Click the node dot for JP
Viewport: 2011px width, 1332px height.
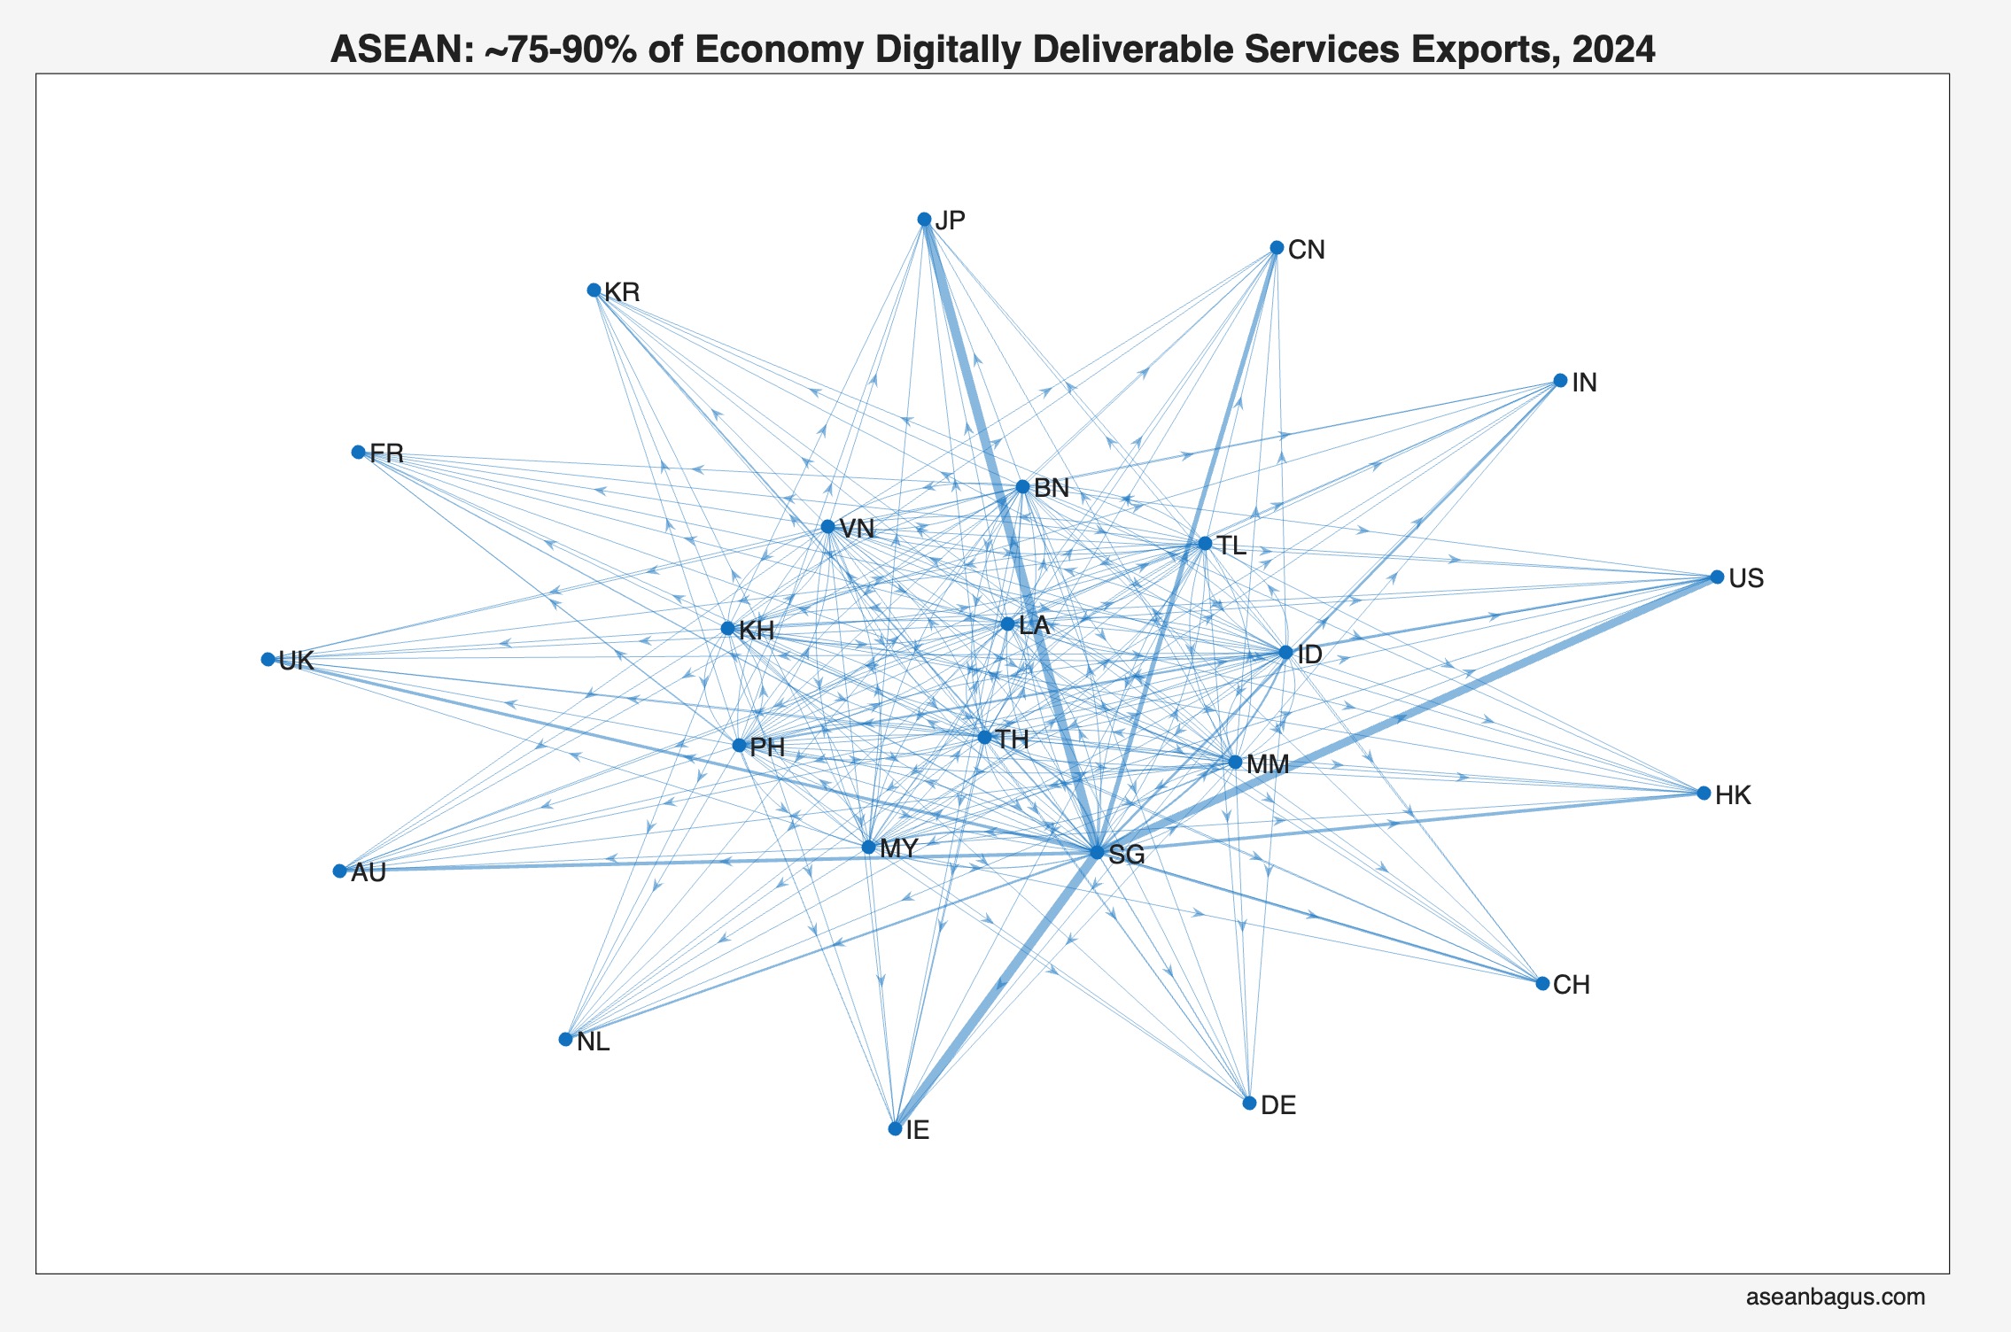[924, 219]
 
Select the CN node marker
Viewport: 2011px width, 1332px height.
[1277, 247]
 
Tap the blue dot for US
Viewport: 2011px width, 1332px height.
[1717, 577]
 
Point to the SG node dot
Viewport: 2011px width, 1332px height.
[1097, 852]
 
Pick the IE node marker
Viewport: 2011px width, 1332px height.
[895, 1128]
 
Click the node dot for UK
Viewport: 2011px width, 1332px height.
[268, 659]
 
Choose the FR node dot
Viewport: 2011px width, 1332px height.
[358, 452]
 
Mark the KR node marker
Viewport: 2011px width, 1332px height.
[594, 290]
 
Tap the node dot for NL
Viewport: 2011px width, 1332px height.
[565, 1039]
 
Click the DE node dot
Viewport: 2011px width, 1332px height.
[1249, 1103]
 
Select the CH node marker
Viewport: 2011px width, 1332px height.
[1542, 983]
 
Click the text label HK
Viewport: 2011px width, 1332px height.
[1733, 795]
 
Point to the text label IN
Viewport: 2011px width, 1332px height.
[1584, 383]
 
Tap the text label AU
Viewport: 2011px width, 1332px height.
[369, 872]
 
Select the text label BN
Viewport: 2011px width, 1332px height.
[1052, 488]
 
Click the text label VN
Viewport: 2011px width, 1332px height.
[857, 529]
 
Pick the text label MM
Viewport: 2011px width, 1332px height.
[1268, 764]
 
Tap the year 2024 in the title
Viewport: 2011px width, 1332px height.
[1613, 50]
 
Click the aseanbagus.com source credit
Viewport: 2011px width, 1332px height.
[1835, 1297]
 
